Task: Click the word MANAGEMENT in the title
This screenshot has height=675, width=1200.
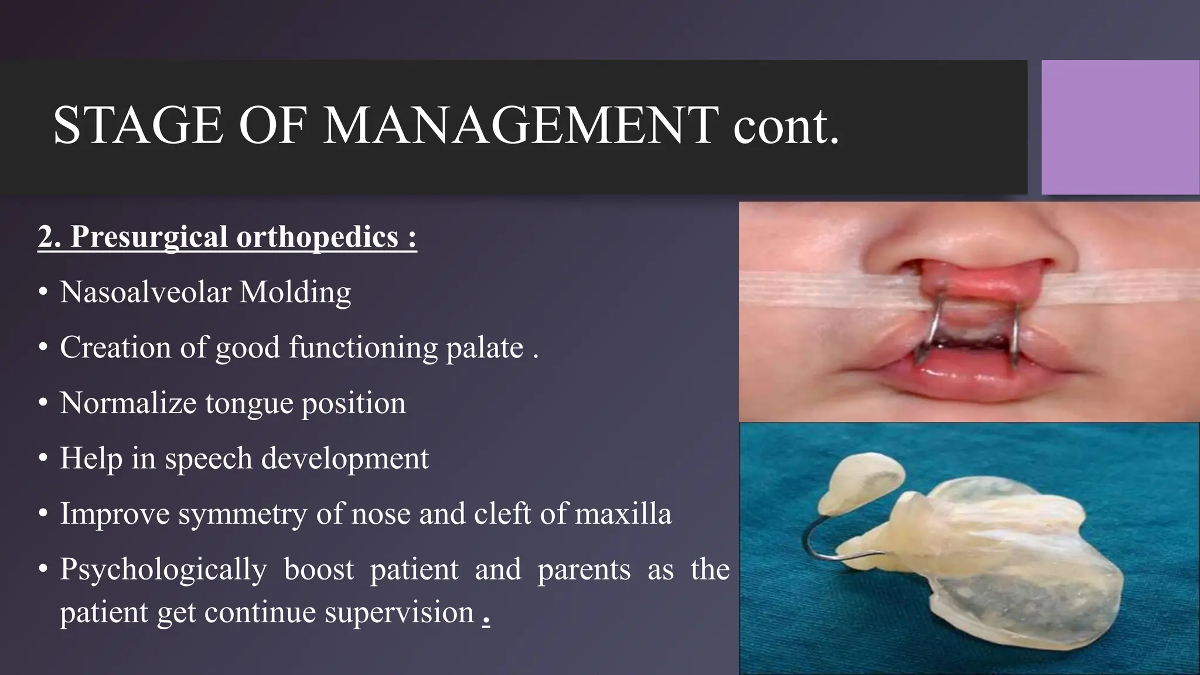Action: tap(520, 125)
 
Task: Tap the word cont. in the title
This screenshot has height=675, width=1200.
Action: tap(786, 125)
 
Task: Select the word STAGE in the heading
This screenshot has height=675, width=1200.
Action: tap(138, 125)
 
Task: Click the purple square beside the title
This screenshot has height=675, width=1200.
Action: tap(1120, 127)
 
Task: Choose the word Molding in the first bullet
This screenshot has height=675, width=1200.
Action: tap(295, 292)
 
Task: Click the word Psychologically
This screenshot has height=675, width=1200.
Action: tap(163, 570)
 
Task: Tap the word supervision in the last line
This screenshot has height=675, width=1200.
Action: tap(399, 612)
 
